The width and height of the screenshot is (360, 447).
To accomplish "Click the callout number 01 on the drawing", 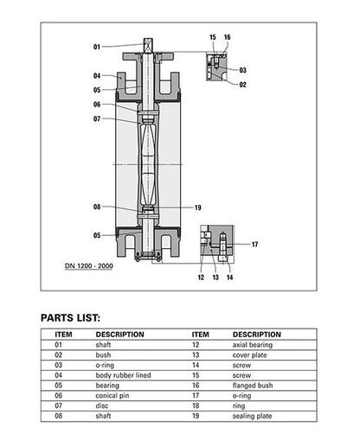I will pyautogui.click(x=97, y=46).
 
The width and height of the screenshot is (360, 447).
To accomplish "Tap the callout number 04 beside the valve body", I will pyautogui.click(x=97, y=75).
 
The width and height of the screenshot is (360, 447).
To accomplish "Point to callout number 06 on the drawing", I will pyautogui.click(x=97, y=105).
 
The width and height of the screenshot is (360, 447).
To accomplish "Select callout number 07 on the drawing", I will pyautogui.click(x=97, y=118).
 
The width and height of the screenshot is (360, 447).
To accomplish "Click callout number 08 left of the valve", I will pyautogui.click(x=97, y=207).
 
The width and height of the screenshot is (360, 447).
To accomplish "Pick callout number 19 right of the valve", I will pyautogui.click(x=198, y=208).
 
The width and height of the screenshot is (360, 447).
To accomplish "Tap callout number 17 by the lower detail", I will pyautogui.click(x=254, y=245).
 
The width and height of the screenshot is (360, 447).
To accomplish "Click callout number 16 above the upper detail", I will pyautogui.click(x=227, y=38).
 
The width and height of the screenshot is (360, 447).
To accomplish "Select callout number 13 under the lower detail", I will pyautogui.click(x=215, y=278).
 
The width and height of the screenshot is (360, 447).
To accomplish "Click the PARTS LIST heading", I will pyautogui.click(x=76, y=317).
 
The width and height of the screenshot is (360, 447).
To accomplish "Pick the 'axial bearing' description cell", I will pyautogui.click(x=253, y=344).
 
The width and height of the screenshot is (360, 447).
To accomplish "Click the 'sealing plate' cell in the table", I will pyautogui.click(x=253, y=416).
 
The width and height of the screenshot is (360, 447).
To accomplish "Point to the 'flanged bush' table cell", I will pyautogui.click(x=253, y=385).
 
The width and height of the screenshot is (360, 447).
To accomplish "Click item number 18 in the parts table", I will pyautogui.click(x=199, y=405).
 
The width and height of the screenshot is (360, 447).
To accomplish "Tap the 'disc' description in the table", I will pyautogui.click(x=102, y=405).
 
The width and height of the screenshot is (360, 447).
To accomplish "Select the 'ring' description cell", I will pyautogui.click(x=240, y=405).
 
